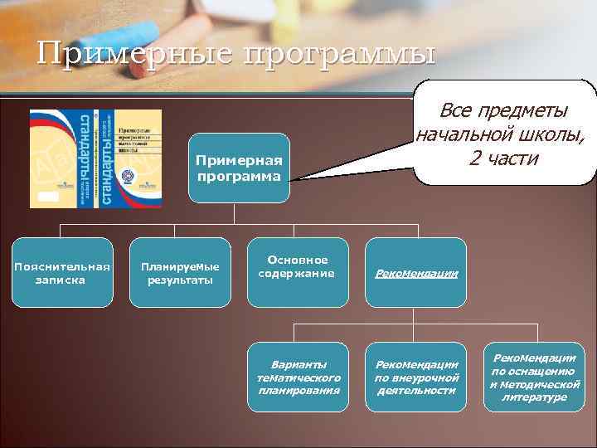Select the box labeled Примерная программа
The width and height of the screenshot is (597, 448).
point(239,168)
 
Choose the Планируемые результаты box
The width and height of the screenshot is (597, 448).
point(180,273)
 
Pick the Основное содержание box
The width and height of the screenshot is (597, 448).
point(297,267)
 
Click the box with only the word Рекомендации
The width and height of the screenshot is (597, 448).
point(416,273)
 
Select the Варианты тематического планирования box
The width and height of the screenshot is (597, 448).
point(298,377)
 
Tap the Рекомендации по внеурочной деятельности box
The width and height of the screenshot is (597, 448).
point(416,377)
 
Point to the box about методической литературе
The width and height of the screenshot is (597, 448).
point(534,377)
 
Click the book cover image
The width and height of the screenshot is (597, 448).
point(96,157)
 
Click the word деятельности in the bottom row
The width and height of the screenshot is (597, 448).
point(416,390)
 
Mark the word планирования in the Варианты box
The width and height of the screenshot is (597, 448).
point(298,390)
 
